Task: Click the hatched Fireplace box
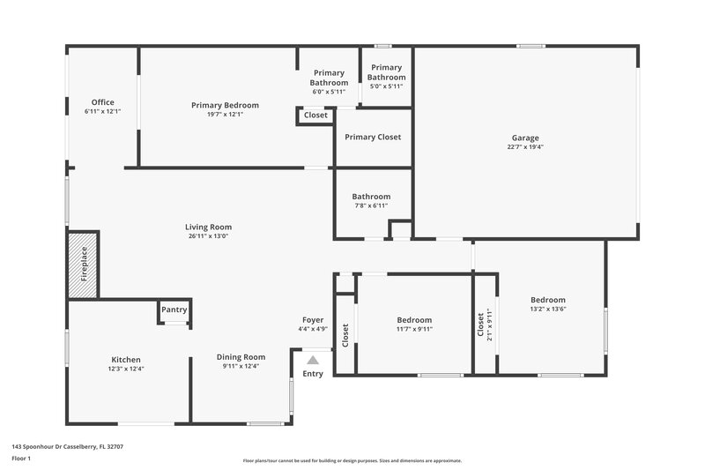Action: [x=85, y=264]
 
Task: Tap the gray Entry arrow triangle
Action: [x=312, y=360]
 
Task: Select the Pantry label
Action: [x=174, y=310]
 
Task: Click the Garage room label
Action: [x=525, y=138]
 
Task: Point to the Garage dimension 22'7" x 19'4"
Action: [x=525, y=147]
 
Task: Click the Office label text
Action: [x=102, y=102]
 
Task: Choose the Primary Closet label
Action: [x=373, y=137]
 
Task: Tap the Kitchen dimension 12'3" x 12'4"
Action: [x=126, y=369]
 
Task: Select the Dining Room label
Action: [x=241, y=357]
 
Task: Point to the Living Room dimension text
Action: [x=208, y=236]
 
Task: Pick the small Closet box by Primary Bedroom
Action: [x=315, y=116]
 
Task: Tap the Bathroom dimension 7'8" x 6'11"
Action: [x=371, y=205]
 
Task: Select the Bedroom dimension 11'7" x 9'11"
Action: [x=414, y=329]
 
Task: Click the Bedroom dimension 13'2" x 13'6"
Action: [x=547, y=309]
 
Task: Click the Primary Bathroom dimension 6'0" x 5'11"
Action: [x=329, y=92]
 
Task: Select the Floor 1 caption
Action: [x=21, y=459]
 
